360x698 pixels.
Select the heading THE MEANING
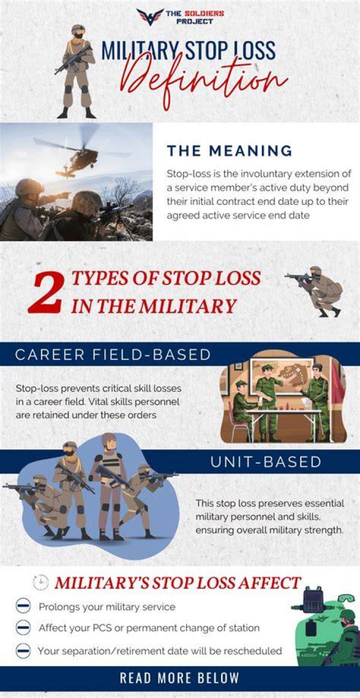[x=229, y=151]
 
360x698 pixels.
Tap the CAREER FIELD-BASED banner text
[x=113, y=355]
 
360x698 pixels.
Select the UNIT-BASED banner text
[x=266, y=462]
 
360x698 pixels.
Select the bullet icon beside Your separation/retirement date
[x=23, y=651]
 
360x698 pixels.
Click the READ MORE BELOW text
[x=179, y=678]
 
